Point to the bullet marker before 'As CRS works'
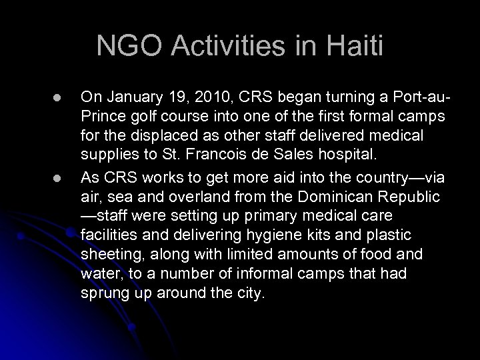[48, 177]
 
